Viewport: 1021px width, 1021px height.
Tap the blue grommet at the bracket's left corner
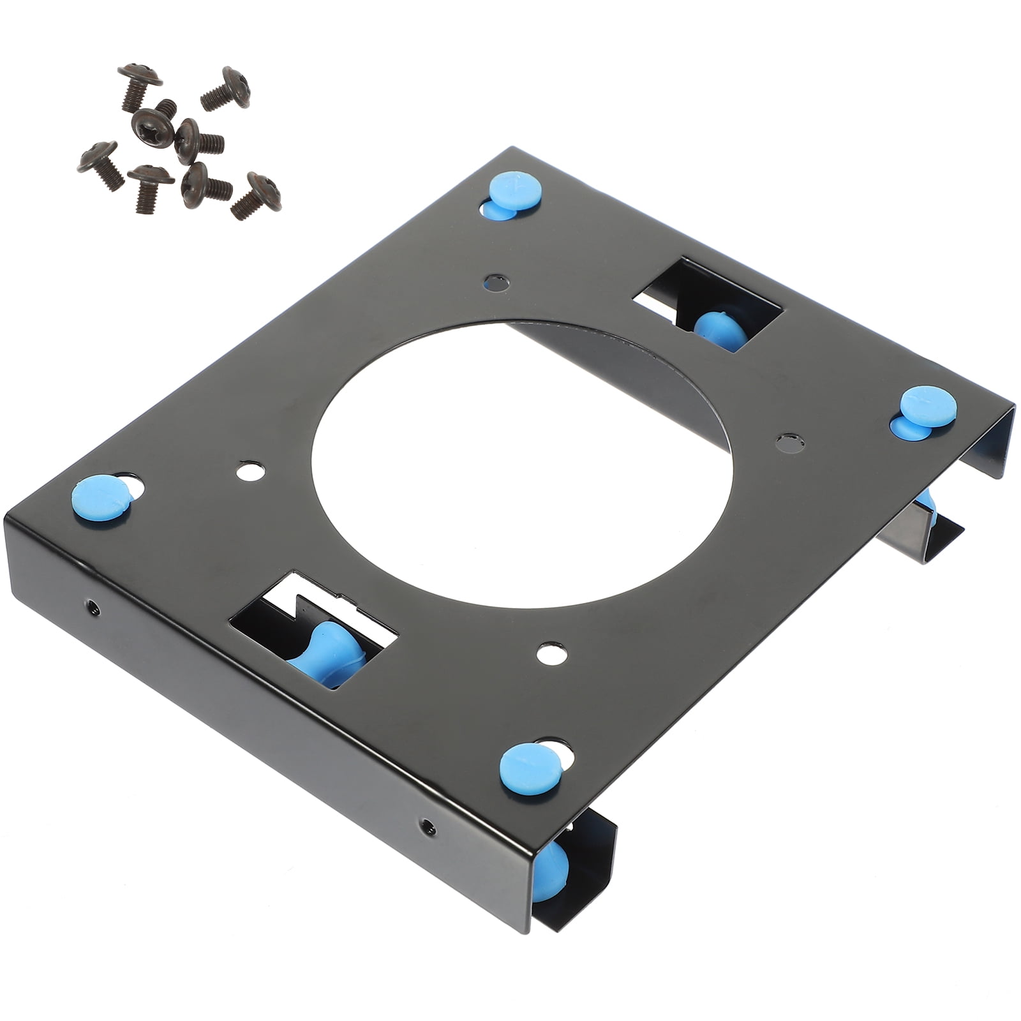(102, 498)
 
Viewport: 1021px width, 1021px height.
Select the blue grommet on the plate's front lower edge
(531, 768)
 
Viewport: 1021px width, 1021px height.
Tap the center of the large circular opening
(522, 465)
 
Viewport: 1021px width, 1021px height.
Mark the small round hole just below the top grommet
(496, 283)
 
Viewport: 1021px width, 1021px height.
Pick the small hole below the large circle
(552, 652)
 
